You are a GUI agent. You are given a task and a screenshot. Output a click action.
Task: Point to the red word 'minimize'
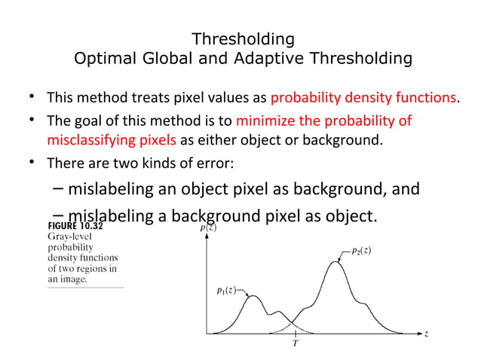pyautogui.click(x=264, y=121)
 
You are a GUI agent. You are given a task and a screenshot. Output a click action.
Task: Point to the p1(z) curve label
pyautogui.click(x=224, y=291)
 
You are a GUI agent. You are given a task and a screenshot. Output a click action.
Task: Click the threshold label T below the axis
pyautogui.click(x=295, y=343)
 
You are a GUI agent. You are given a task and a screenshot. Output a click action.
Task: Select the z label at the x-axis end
pyautogui.click(x=427, y=334)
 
